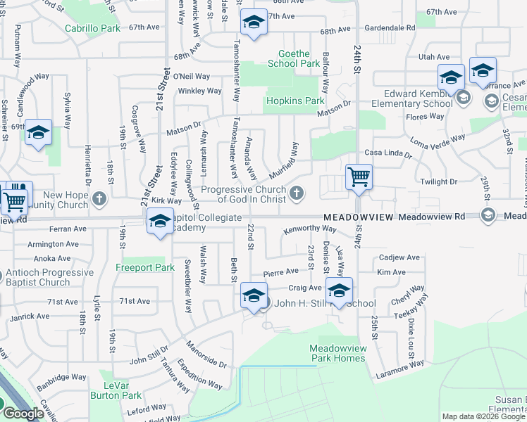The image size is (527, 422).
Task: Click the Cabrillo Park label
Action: [92, 29]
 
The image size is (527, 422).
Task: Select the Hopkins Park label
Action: [294, 101]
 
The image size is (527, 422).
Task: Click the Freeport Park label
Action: [144, 268]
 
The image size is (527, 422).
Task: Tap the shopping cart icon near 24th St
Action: [359, 177]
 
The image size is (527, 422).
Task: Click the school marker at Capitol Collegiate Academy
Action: [160, 222]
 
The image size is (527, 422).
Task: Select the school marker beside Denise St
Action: [339, 290]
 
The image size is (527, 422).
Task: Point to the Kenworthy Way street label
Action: [310, 230]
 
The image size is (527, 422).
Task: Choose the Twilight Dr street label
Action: [438, 181]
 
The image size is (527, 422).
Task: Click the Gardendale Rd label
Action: [387, 27]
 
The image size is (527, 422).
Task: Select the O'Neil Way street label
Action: [191, 76]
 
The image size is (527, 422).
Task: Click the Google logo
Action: [23, 414]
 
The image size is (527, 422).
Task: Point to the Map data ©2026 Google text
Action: [483, 416]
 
